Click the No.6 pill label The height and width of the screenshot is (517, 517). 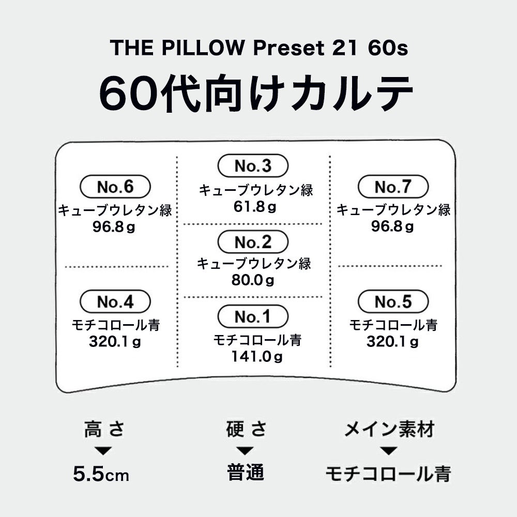(115, 187)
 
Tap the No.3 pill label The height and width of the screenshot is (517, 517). (252, 166)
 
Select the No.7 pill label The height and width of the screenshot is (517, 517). (393, 187)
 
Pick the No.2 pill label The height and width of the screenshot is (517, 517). (252, 242)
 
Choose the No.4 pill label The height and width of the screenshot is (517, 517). (115, 301)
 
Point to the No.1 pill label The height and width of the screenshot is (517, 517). (252, 317)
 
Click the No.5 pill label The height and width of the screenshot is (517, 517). (393, 301)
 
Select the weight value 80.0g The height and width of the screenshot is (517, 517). (253, 281)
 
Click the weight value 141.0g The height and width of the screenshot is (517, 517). (257, 356)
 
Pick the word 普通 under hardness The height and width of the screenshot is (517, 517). (246, 473)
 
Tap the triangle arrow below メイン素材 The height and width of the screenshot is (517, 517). (389, 451)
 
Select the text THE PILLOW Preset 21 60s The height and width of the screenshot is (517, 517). (259, 48)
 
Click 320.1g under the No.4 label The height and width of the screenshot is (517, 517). (115, 341)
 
